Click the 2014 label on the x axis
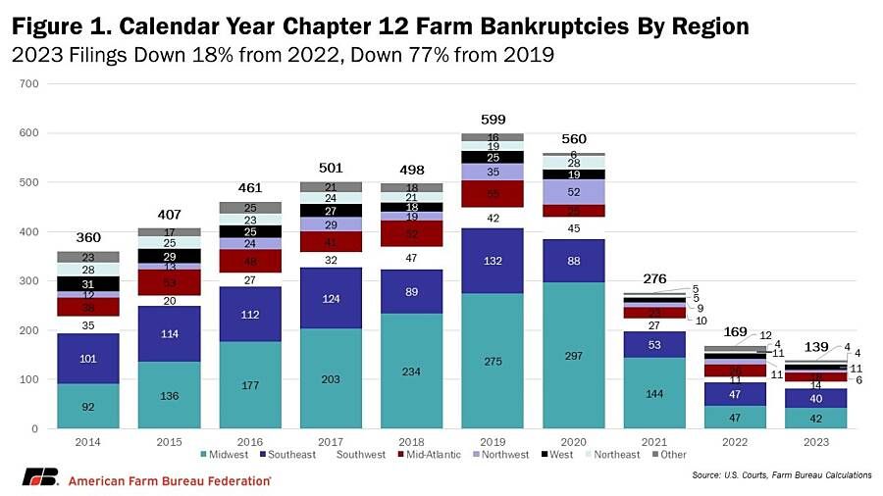tap(88, 441)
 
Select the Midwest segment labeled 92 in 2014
tap(88, 406)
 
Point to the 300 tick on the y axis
tap(28, 281)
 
